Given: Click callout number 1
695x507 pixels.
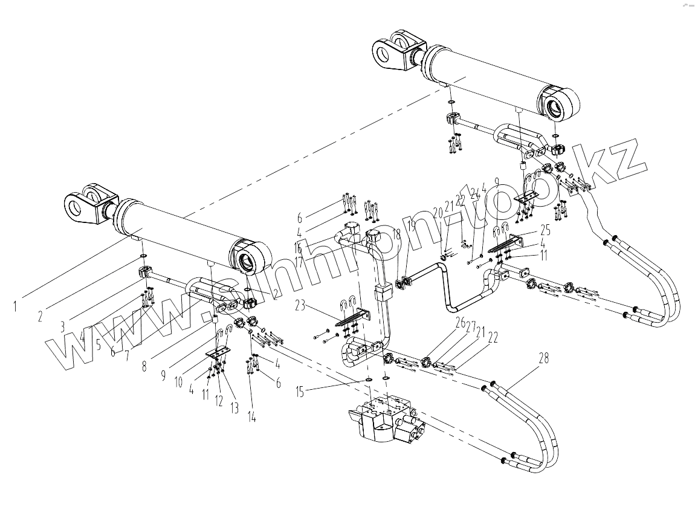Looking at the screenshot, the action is (14, 306).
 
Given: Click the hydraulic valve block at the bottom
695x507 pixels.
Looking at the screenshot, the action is (387, 419).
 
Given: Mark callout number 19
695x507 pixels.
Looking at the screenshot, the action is (412, 227).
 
